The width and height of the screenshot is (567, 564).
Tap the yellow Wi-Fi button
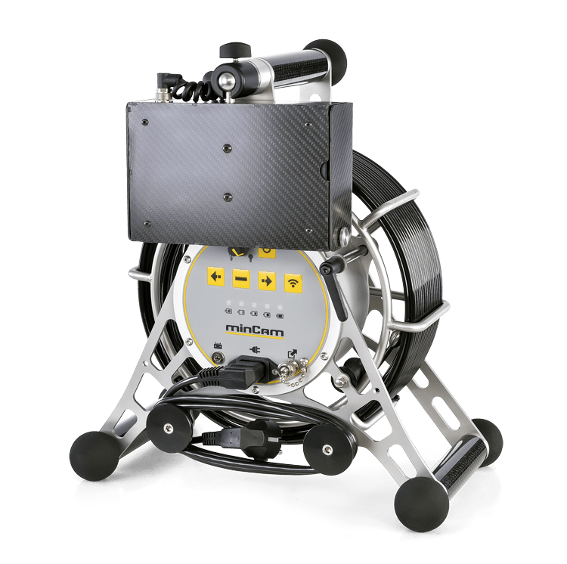click(293, 282)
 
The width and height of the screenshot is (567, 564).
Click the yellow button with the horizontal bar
click(241, 279)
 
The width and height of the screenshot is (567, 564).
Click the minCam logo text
click(255, 330)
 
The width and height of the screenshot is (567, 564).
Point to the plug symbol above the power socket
click(255, 349)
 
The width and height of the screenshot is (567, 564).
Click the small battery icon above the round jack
click(218, 346)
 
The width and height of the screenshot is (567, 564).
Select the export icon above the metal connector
click(291, 352)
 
